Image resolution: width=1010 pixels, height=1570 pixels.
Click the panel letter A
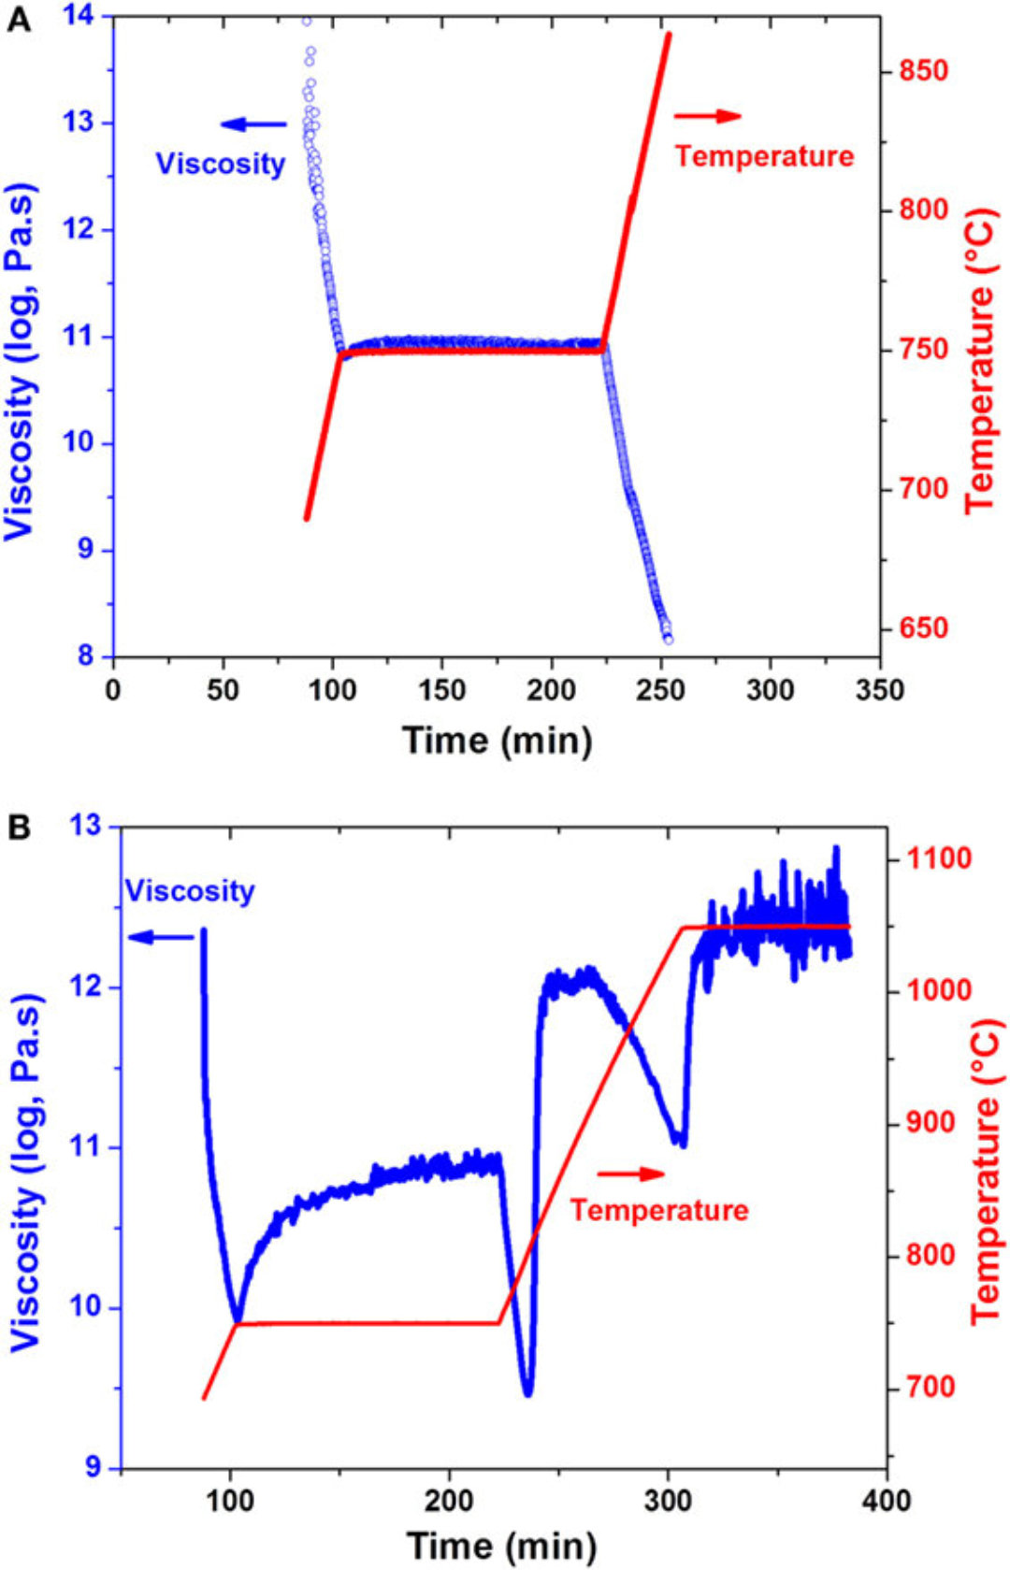coord(18,20)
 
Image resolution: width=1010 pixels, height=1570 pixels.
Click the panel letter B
coord(18,828)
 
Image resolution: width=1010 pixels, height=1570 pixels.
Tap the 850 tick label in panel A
coord(922,71)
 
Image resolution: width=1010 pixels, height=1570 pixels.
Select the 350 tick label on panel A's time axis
coord(879,690)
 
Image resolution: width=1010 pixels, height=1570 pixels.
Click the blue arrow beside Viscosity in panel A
coord(253,124)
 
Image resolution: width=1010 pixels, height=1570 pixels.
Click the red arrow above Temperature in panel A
coord(708,116)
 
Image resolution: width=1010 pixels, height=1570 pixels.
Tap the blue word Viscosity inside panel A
coord(221,164)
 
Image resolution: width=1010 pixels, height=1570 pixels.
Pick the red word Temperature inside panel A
coord(764,156)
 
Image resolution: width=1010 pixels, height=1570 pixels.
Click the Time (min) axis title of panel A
coord(497,741)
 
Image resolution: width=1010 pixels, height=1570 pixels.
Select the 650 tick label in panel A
coord(922,628)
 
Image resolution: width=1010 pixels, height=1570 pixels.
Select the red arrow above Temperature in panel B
coord(630,1174)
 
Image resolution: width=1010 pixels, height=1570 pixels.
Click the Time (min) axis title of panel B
coord(501,1545)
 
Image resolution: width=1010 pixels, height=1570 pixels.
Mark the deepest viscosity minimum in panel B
coord(528,1393)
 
